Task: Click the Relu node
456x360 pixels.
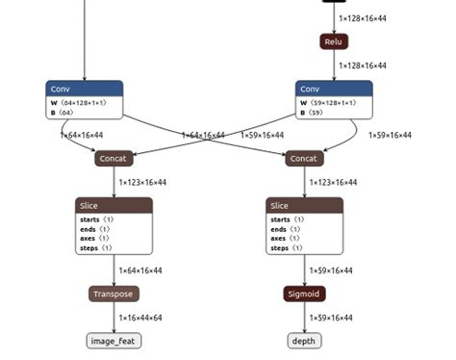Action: pos(334,42)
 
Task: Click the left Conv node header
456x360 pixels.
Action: pos(84,89)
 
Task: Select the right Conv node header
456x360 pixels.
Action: pos(334,89)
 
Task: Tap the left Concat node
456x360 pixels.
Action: pos(114,159)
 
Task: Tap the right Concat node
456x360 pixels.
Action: pos(304,159)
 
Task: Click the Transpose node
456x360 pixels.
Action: pos(114,294)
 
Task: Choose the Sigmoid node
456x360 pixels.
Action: pos(304,294)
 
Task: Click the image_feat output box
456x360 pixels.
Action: pos(114,341)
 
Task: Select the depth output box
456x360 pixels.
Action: pos(304,341)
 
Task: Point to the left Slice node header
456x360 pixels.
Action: pos(114,205)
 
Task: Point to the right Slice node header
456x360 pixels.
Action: pos(304,205)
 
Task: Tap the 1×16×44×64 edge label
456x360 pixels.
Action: pos(140,318)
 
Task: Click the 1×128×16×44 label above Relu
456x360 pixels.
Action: pos(362,19)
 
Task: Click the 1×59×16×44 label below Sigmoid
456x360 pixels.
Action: pos(331,318)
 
